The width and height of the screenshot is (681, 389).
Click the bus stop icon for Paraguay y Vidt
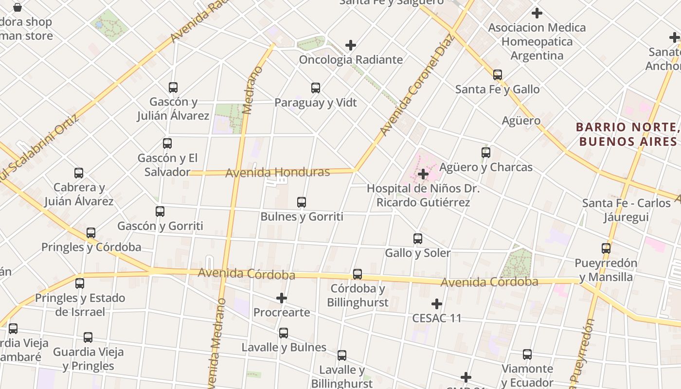tap(316, 88)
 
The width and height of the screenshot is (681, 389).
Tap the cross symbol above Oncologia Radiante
tap(351, 45)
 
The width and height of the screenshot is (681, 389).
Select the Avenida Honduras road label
tap(277, 172)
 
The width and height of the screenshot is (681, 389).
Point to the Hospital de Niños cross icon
tap(423, 174)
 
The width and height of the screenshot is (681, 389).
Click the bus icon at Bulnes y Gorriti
tap(302, 202)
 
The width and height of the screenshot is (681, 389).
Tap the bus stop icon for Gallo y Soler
tap(418, 239)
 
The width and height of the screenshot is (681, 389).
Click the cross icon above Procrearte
tap(282, 298)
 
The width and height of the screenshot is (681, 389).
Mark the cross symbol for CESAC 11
tap(437, 304)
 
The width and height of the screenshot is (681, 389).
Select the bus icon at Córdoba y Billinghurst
tap(358, 274)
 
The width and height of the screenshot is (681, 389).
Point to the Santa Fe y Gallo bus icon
tap(498, 75)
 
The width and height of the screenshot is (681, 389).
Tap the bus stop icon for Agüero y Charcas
tap(486, 153)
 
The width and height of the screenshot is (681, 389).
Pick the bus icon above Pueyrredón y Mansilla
tap(606, 248)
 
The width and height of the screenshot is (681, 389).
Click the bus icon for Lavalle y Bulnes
tap(284, 333)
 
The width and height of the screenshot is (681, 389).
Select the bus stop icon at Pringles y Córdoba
tap(91, 233)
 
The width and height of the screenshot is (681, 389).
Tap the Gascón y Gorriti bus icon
tap(160, 212)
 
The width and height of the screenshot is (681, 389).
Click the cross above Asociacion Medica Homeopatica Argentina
tap(537, 13)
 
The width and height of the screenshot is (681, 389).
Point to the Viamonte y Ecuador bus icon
tap(527, 354)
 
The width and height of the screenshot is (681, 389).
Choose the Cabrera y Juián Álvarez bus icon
tap(79, 173)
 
